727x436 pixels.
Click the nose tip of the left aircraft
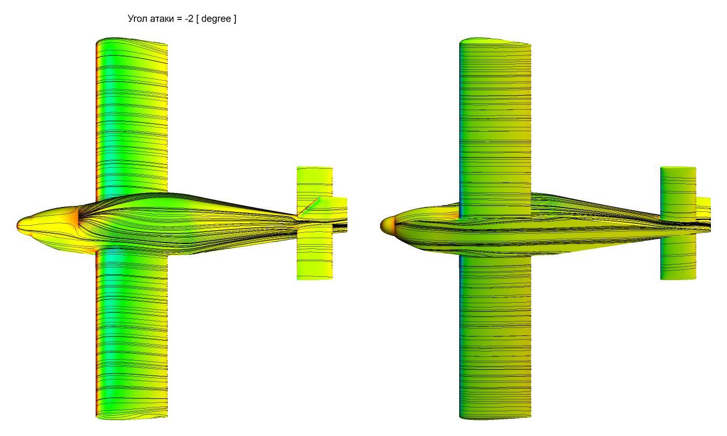pyautogui.click(x=17, y=225)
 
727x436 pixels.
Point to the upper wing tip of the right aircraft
pyautogui.click(x=495, y=41)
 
